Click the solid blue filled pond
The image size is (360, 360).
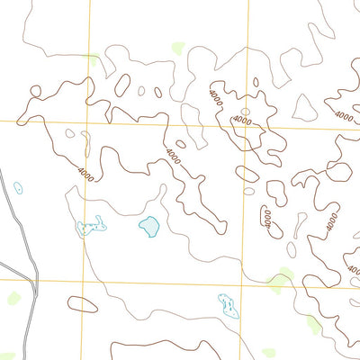point(148,226)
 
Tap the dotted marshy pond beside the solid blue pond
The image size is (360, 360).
point(91,227)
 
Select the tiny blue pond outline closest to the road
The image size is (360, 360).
point(18,188)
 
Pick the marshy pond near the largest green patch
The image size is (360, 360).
point(228,305)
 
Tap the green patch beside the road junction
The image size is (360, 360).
point(15,296)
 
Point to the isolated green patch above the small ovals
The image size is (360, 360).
point(177,48)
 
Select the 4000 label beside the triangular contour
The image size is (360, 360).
point(343,115)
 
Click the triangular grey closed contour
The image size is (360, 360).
point(305,109)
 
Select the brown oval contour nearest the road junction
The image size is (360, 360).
point(82,304)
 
